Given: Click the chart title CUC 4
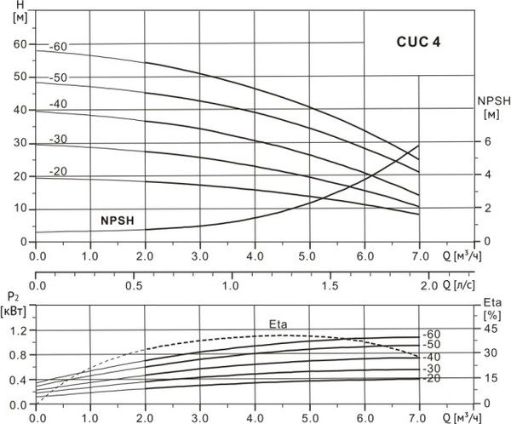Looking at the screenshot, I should pyautogui.click(x=417, y=40).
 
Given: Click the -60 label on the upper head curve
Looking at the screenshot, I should pyautogui.click(x=58, y=46).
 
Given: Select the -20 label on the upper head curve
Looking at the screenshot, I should pyautogui.click(x=58, y=172).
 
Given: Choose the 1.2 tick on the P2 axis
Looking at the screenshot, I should pyautogui.click(x=19, y=329).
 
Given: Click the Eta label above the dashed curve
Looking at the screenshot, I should pyautogui.click(x=278, y=324).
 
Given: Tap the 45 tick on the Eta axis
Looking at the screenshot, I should pyautogui.click(x=490, y=329).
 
